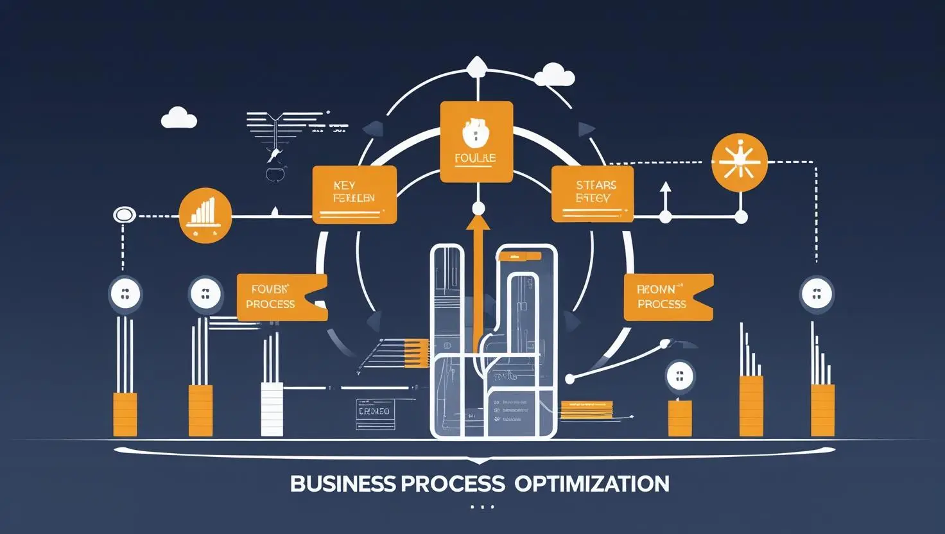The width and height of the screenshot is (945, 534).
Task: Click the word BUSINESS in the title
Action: pyautogui.click(x=342, y=483)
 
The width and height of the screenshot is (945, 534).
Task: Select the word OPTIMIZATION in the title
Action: pyautogui.click(x=591, y=483)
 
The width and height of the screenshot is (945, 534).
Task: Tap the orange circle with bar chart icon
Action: pyautogui.click(x=205, y=216)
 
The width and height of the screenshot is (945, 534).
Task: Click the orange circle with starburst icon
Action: pyautogui.click(x=740, y=162)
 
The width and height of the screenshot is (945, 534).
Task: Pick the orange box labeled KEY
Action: pyautogui.click(x=354, y=194)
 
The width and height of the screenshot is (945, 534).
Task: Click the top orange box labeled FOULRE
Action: pyautogui.click(x=476, y=142)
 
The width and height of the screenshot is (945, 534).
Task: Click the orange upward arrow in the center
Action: pyautogui.click(x=478, y=276)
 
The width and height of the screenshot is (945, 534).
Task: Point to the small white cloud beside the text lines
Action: pyautogui.click(x=178, y=118)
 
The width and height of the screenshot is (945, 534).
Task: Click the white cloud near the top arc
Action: pyautogui.click(x=553, y=74)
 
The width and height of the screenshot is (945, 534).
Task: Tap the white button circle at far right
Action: pyautogui.click(x=817, y=295)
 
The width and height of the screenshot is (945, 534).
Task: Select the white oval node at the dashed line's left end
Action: pyautogui.click(x=124, y=215)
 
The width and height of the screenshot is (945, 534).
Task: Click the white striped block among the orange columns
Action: pyautogui.click(x=272, y=409)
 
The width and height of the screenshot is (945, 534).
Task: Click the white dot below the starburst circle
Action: pyautogui.click(x=741, y=217)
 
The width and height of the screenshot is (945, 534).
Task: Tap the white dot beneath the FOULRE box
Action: pyautogui.click(x=478, y=209)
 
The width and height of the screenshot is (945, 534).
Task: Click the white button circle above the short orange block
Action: pyautogui.click(x=680, y=376)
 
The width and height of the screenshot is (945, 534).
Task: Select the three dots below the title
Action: pyautogui.click(x=482, y=507)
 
